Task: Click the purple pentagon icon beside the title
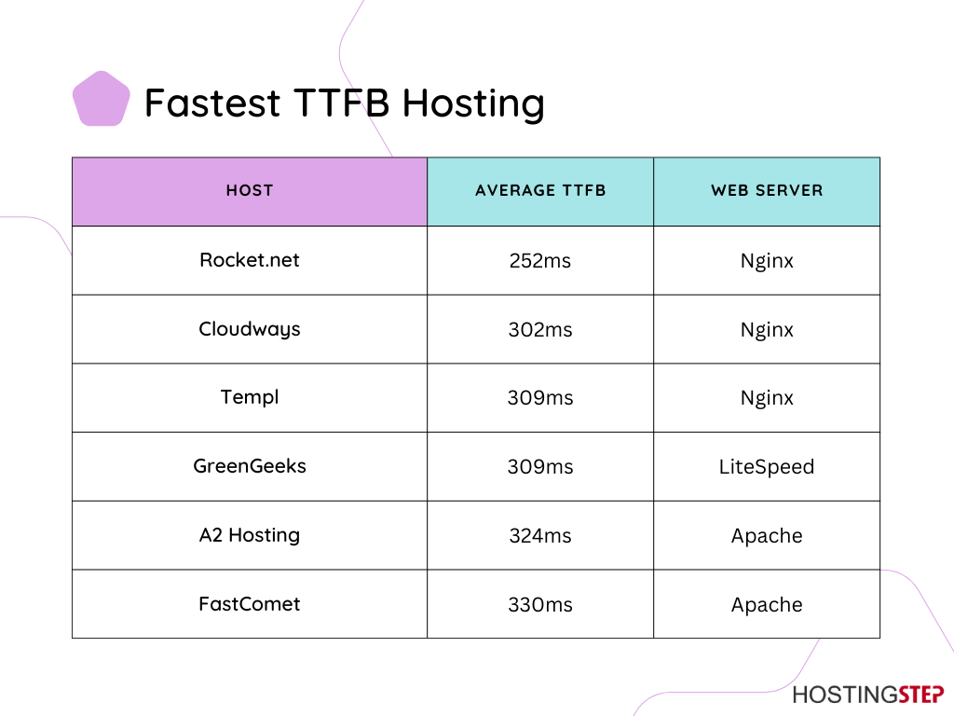[101, 99]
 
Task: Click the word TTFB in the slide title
[341, 103]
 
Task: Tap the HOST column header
[250, 190]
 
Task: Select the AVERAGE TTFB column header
[540, 190]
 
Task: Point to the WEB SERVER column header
[767, 190]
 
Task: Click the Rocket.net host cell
[250, 260]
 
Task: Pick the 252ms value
[540, 261]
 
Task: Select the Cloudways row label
[250, 329]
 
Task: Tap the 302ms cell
[540, 329]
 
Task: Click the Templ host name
[250, 397]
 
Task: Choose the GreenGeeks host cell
[250, 466]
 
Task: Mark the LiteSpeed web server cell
[767, 467]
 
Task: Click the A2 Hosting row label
[250, 535]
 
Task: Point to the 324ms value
[540, 536]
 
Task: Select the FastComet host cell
[250, 604]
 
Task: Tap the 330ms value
[540, 604]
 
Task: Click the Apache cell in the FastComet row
[767, 605]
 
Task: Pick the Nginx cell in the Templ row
[767, 398]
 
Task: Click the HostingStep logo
[868, 695]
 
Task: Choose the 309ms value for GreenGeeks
[540, 467]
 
